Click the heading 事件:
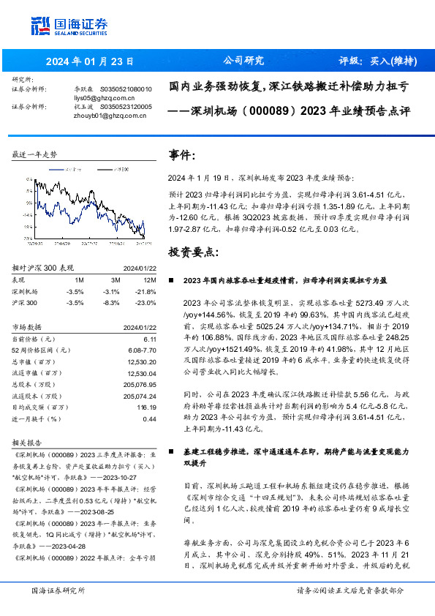tap(182, 156)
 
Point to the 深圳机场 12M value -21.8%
tap(147, 290)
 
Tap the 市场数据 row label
tap(27, 327)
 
